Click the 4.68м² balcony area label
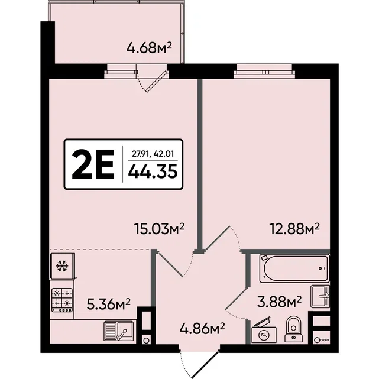pos(149,48)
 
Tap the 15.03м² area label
pos(159,229)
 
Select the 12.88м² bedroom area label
pos(294,229)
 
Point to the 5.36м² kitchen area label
pos(109,304)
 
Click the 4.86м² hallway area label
pos(202,329)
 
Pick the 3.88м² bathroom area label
pos(280,302)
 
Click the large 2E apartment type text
pos(93,164)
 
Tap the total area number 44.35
pos(153,171)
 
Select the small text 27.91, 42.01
pos(153,154)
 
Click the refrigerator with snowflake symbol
pos(63,266)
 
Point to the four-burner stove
pos(62,300)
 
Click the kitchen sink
pos(118,331)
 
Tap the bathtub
pos(294,268)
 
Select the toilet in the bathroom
pos(293,329)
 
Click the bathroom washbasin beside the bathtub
pos(320,296)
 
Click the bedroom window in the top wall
pos(264,72)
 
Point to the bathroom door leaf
pos(236,299)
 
